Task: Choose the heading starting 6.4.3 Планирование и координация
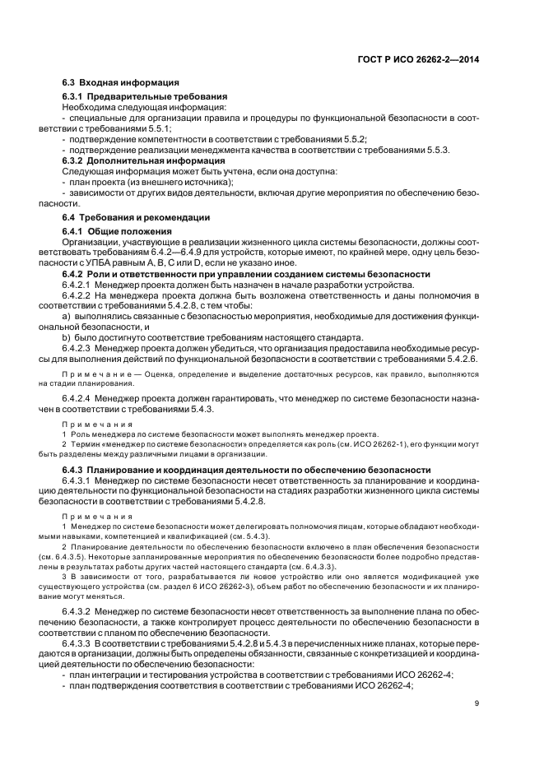click(246, 470)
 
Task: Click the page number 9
click(477, 703)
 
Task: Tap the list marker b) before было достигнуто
click(66, 336)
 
